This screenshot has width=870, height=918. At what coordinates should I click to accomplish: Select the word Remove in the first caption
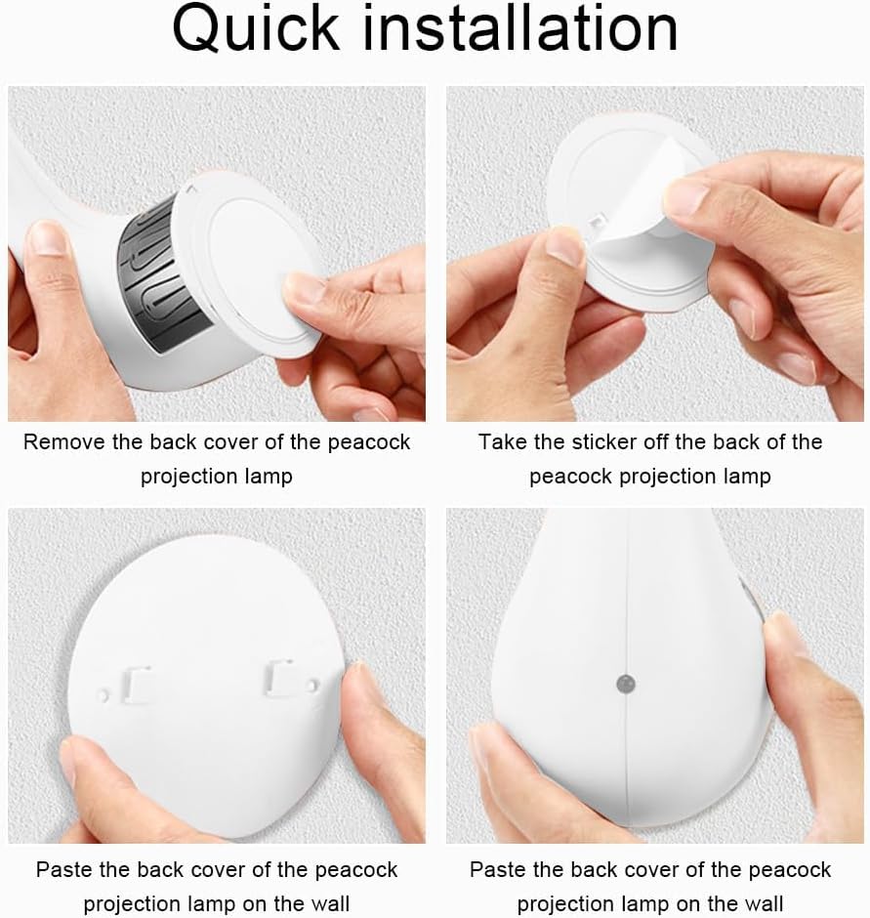coord(63,442)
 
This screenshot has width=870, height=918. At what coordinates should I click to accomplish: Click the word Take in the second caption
coord(502,442)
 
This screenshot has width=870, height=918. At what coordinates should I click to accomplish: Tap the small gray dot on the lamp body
coord(626,684)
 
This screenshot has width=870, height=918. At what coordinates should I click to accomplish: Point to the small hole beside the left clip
coord(104,696)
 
